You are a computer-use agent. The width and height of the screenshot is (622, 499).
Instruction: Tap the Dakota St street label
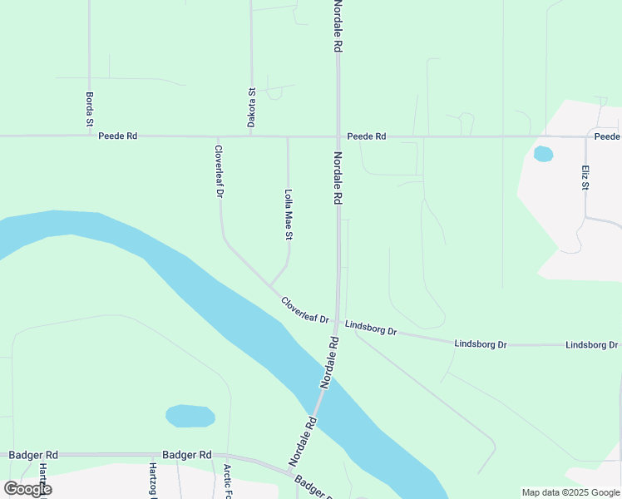tap(251, 108)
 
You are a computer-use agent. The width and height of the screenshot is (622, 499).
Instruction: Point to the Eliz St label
tap(585, 176)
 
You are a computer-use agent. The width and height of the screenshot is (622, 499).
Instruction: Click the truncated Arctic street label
tap(227, 482)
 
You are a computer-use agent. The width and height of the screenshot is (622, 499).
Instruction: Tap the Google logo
tap(27, 489)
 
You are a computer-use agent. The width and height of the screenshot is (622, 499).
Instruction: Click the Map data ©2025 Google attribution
tap(571, 492)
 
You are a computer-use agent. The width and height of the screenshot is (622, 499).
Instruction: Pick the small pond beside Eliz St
tap(543, 154)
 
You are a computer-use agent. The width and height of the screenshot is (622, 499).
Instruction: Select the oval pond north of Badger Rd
tap(190, 416)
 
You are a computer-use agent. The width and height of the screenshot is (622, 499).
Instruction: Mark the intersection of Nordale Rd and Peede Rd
tap(338, 136)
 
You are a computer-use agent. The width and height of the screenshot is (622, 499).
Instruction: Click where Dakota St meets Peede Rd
tap(251, 136)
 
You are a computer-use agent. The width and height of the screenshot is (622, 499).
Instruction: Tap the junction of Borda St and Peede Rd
tap(90, 136)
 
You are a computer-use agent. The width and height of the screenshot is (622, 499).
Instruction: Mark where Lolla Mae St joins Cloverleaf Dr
tap(269, 286)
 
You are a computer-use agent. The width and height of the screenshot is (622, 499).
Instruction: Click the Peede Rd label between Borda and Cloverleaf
tap(117, 136)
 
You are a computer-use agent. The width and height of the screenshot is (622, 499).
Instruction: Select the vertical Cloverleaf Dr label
tap(219, 171)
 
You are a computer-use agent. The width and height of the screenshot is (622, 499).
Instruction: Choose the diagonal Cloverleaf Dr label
tap(305, 310)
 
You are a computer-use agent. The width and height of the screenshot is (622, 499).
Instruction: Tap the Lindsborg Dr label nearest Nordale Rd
tap(371, 328)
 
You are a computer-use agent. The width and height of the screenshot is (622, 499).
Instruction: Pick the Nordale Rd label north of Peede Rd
tap(338, 27)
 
